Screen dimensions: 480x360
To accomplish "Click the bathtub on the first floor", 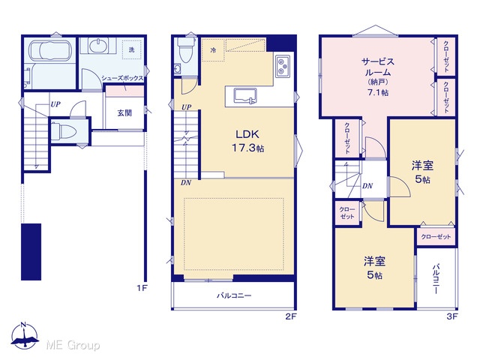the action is click(50, 50).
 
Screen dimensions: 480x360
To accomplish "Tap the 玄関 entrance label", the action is click(124, 113).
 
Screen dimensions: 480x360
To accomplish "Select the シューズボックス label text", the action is click(122, 78).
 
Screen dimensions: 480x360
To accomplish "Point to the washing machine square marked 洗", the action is click(132, 49).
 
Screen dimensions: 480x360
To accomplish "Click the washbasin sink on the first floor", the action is click(97, 46).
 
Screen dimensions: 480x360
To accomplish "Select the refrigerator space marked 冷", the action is click(213, 50).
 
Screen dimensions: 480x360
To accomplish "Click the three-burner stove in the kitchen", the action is click(283, 67).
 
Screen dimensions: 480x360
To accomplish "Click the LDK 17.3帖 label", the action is click(247, 141).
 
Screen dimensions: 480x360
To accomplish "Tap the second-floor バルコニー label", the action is click(234, 295).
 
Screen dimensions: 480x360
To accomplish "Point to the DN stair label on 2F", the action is click(186, 183).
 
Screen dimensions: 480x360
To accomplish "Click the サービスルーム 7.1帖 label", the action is click(378, 76).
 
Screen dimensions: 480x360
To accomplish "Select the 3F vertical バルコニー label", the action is click(436, 279).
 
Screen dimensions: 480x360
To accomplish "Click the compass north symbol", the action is click(25, 335).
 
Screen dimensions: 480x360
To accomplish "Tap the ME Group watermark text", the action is click(73, 346).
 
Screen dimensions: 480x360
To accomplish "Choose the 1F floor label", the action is click(142, 288).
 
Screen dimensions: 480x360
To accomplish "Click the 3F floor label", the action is click(452, 316).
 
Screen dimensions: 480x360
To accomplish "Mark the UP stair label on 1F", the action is click(55, 105).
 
